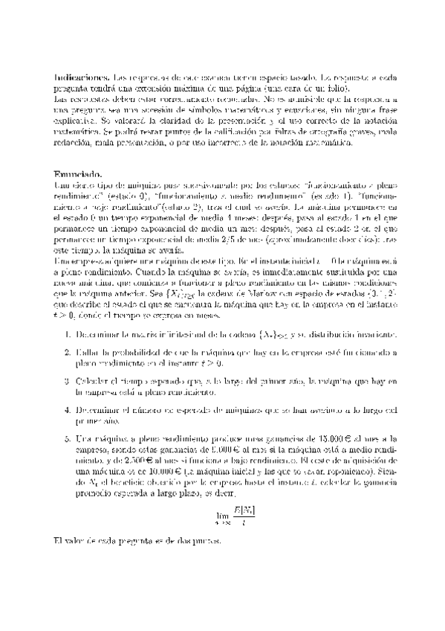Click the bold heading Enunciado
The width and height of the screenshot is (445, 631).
[77, 173]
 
